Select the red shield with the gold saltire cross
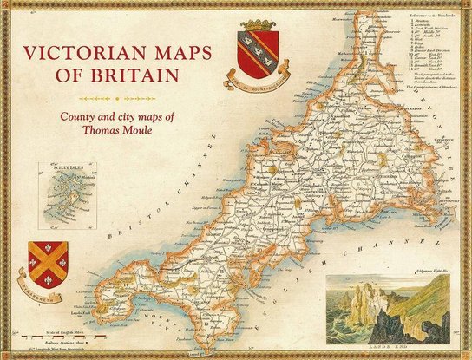pyautogui.click(x=49, y=258)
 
